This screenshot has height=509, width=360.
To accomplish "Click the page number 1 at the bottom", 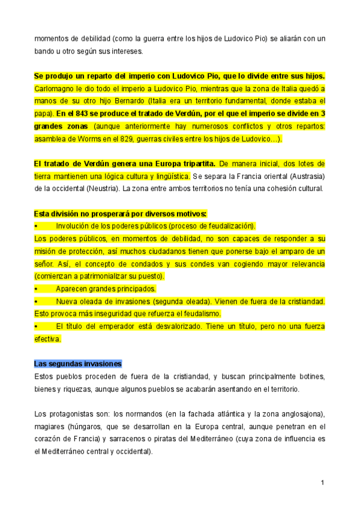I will (322, 483).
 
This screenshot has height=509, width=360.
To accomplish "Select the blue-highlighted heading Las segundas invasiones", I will (78, 364).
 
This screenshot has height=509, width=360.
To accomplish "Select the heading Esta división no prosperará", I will (120, 214).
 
